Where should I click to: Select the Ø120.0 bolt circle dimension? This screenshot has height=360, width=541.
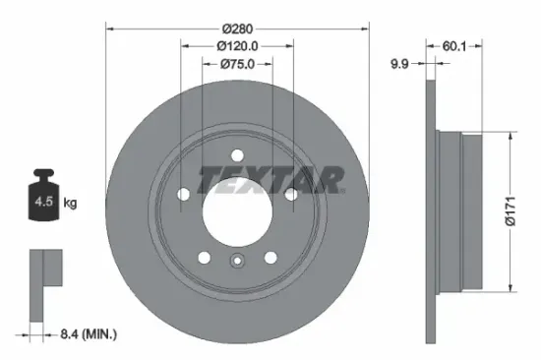237,44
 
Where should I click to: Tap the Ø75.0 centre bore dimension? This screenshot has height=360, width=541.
237,65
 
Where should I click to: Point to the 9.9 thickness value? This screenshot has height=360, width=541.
399,65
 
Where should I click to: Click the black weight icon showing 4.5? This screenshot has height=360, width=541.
44,201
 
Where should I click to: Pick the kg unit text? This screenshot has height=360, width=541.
71,205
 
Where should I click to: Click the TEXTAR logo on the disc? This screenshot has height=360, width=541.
270,180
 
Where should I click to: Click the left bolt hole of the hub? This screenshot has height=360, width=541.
182,195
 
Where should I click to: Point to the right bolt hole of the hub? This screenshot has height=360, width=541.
291,195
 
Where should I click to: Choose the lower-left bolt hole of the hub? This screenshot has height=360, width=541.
203,258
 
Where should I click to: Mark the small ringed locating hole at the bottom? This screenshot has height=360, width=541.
237,261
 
